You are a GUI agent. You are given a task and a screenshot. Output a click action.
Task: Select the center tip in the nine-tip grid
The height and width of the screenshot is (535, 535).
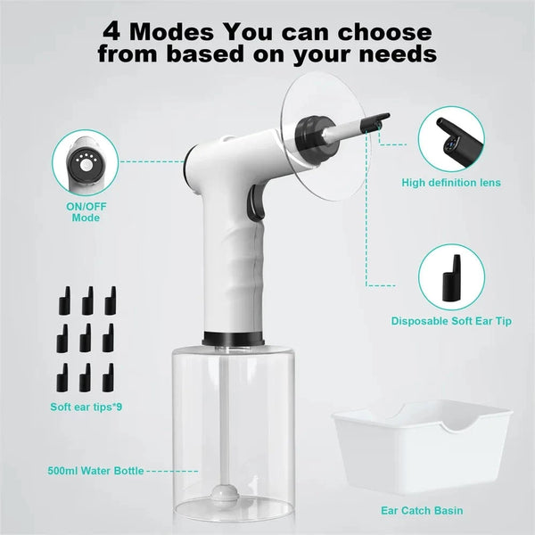coord(86,336)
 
